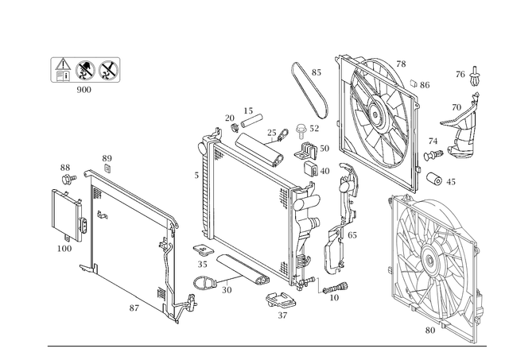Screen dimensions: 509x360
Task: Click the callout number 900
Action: tap(84, 90)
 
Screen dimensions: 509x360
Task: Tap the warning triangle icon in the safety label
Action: tap(63, 64)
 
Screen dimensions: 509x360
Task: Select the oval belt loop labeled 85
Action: tap(310, 90)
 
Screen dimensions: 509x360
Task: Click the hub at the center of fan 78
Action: tap(376, 114)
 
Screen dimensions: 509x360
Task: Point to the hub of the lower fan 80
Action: tap(429, 259)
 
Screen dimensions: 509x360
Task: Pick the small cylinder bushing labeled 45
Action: tap(434, 179)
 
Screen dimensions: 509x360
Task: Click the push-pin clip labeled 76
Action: tap(474, 77)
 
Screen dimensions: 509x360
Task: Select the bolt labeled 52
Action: tap(301, 130)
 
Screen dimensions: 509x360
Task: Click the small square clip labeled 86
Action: tap(414, 83)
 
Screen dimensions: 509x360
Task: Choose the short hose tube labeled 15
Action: tap(251, 122)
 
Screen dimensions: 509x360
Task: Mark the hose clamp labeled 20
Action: tap(235, 128)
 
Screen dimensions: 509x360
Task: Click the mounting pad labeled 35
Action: tap(203, 250)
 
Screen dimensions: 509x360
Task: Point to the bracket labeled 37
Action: tap(281, 300)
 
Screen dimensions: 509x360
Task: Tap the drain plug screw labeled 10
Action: tap(336, 288)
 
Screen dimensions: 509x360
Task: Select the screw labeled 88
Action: tap(69, 178)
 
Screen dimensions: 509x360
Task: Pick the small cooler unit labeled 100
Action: tap(68, 215)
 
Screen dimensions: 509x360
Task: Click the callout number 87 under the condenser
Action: tap(134, 308)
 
